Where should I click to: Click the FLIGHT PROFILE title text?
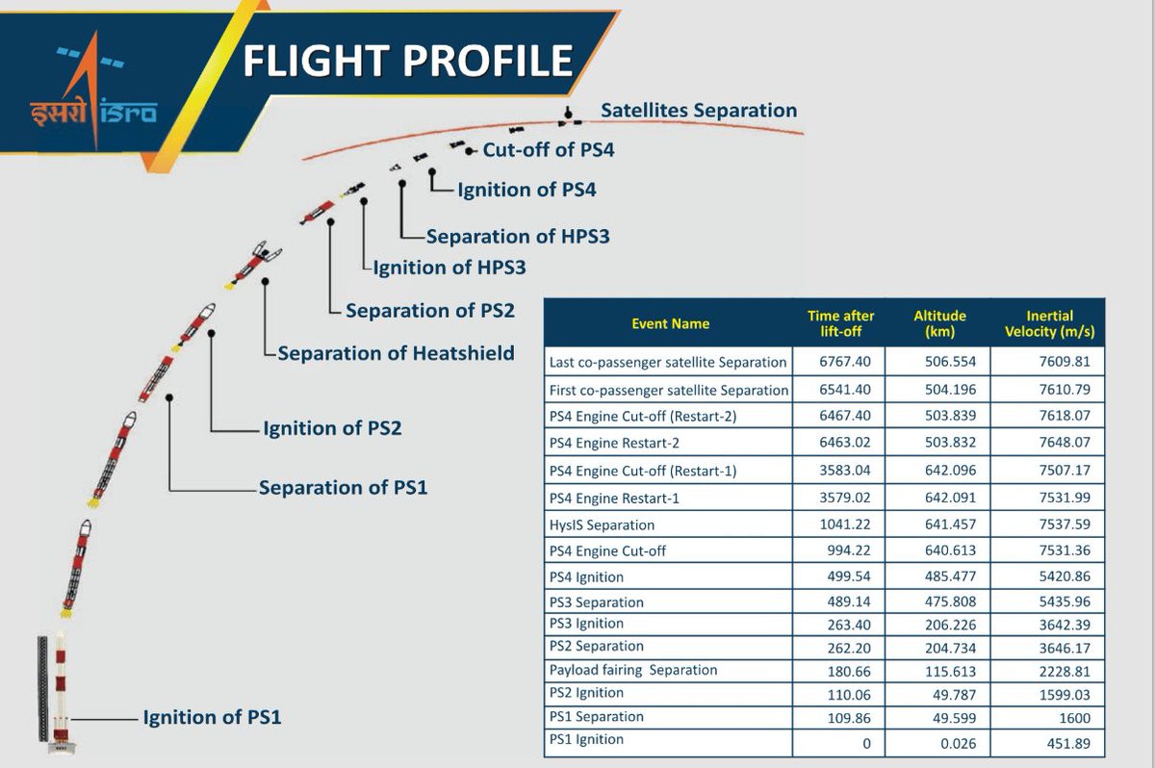coord(408,61)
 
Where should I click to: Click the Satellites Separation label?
coord(699,111)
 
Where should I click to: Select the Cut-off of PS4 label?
coord(548,150)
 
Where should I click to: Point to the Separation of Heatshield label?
coord(396,353)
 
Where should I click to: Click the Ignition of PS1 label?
coord(212,717)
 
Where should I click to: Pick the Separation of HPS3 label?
coord(518,237)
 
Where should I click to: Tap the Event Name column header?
coord(670,323)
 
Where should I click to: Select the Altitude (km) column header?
coord(939,323)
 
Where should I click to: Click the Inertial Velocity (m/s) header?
coord(1049,323)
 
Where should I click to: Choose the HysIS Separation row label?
coord(602,525)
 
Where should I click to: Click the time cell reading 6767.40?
coord(845,361)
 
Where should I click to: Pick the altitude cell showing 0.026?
coord(958,743)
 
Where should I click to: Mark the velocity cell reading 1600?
coord(1074,718)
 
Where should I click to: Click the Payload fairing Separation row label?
coord(633,670)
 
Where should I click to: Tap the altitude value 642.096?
coord(950,470)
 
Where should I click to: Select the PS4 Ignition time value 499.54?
coord(849,576)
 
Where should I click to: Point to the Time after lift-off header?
coord(840,323)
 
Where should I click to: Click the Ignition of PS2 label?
coord(332,428)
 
